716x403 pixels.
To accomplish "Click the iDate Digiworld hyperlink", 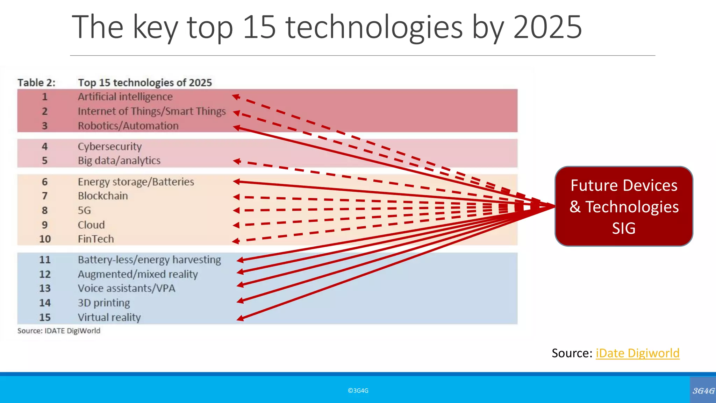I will pos(637,353).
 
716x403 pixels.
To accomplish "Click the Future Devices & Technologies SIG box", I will pos(624,206).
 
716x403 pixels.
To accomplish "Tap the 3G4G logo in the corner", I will pos(703,391).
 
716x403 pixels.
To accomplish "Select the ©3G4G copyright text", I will pos(358,391).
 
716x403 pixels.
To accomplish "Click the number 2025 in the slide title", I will pos(547,27).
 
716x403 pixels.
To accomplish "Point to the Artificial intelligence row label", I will pos(125,97).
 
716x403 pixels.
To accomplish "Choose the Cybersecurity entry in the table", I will pos(110,147).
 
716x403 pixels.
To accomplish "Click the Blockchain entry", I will pos(103,196).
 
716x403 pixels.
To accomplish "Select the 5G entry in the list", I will pos(84,210).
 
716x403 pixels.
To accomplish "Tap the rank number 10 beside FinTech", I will pos(45,239).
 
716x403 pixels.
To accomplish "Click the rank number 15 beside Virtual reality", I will pos(45,317).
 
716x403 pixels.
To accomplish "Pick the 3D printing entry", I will pos(104,303).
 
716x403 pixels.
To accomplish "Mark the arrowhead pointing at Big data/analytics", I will pos(237,161).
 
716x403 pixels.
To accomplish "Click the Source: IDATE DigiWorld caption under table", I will pos(59,331).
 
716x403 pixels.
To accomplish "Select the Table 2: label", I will pos(36,83).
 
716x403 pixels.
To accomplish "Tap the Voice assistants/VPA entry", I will pos(126,288).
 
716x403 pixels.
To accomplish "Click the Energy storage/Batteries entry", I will pos(136,182).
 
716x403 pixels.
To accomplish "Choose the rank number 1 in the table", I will pos(45,97).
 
